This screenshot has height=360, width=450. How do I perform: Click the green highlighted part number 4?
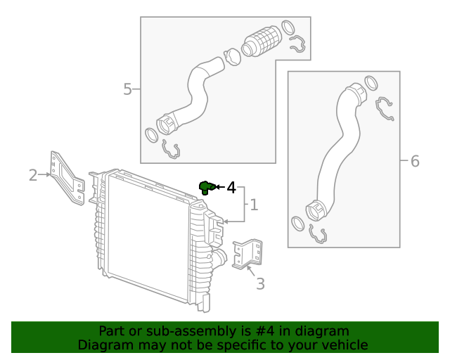point(206,186)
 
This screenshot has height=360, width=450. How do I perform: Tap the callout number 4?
point(231,187)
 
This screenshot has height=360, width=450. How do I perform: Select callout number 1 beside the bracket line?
point(254,205)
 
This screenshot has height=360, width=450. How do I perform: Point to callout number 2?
point(33,174)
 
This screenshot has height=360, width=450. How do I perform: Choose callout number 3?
point(260,284)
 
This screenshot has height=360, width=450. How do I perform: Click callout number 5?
point(127,89)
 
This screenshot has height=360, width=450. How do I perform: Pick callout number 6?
point(415,162)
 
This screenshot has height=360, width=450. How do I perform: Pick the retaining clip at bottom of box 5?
point(171,148)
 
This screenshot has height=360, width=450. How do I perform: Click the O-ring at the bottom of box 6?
point(297,224)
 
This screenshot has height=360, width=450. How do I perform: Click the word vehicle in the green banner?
point(344,345)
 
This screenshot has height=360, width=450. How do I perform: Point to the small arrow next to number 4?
point(219,187)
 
